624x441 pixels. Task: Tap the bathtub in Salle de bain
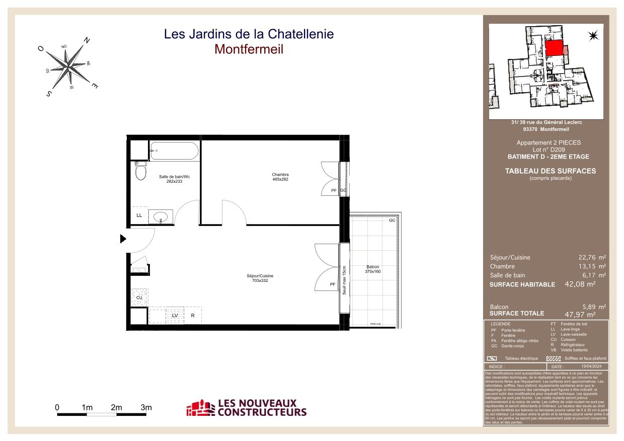click(x=174, y=151)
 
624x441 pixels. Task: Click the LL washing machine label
click(x=139, y=215)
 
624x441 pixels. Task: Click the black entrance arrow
click(x=123, y=239)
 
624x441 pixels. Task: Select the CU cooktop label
click(x=139, y=298)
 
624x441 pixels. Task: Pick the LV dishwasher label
click(x=175, y=316)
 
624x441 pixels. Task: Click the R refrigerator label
click(x=192, y=316)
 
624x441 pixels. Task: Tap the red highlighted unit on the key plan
click(x=554, y=48)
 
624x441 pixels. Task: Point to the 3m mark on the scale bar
click(x=146, y=407)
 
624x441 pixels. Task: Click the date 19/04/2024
click(x=592, y=367)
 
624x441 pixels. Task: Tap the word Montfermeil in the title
click(x=249, y=49)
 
